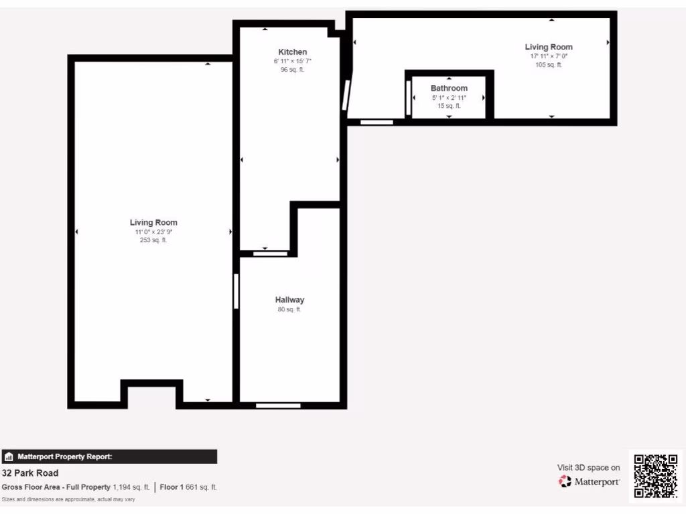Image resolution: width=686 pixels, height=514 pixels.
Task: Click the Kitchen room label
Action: (293, 52)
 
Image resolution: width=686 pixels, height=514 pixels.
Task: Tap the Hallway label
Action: (289, 300)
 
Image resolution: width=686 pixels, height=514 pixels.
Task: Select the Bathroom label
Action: (449, 88)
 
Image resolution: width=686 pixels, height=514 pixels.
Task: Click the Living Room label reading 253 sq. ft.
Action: (153, 222)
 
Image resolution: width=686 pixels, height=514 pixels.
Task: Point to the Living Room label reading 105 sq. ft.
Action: (549, 47)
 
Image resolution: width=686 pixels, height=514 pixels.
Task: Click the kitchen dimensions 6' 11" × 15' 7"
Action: (293, 61)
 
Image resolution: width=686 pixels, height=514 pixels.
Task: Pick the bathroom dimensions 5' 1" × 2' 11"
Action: (449, 98)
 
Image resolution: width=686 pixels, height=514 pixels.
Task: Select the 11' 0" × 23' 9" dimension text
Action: (153, 232)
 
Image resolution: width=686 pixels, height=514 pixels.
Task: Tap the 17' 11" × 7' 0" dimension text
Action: (549, 56)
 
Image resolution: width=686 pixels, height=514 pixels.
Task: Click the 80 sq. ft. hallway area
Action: (289, 310)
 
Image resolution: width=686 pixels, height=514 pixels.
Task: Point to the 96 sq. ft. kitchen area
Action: (293, 70)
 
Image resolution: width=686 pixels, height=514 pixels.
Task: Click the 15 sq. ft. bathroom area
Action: (449, 106)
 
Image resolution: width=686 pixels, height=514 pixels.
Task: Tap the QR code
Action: (656, 476)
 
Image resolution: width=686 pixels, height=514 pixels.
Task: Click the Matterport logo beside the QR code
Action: (590, 482)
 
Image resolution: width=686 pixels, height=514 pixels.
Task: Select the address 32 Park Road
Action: (30, 473)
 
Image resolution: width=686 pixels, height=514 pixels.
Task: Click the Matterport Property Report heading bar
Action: (109, 457)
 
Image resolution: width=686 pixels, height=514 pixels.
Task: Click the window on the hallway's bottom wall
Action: (278, 405)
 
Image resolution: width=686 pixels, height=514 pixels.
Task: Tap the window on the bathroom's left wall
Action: (408, 99)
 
